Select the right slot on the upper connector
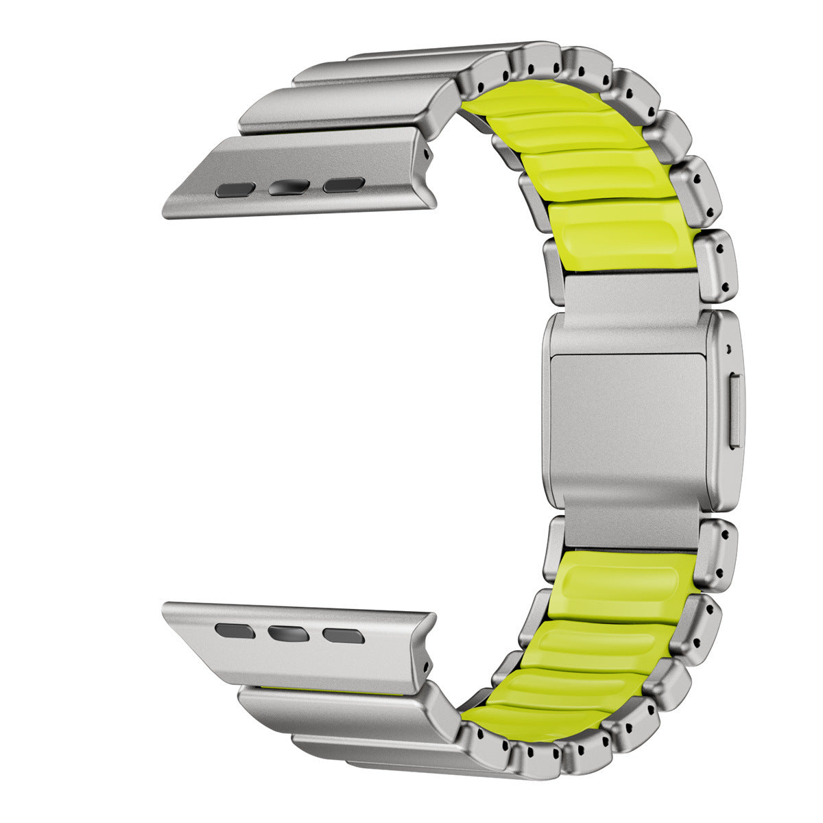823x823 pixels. point(344,184)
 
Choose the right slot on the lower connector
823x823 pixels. point(344,636)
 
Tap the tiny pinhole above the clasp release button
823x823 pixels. point(728,346)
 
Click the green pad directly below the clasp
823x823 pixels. point(621,583)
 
